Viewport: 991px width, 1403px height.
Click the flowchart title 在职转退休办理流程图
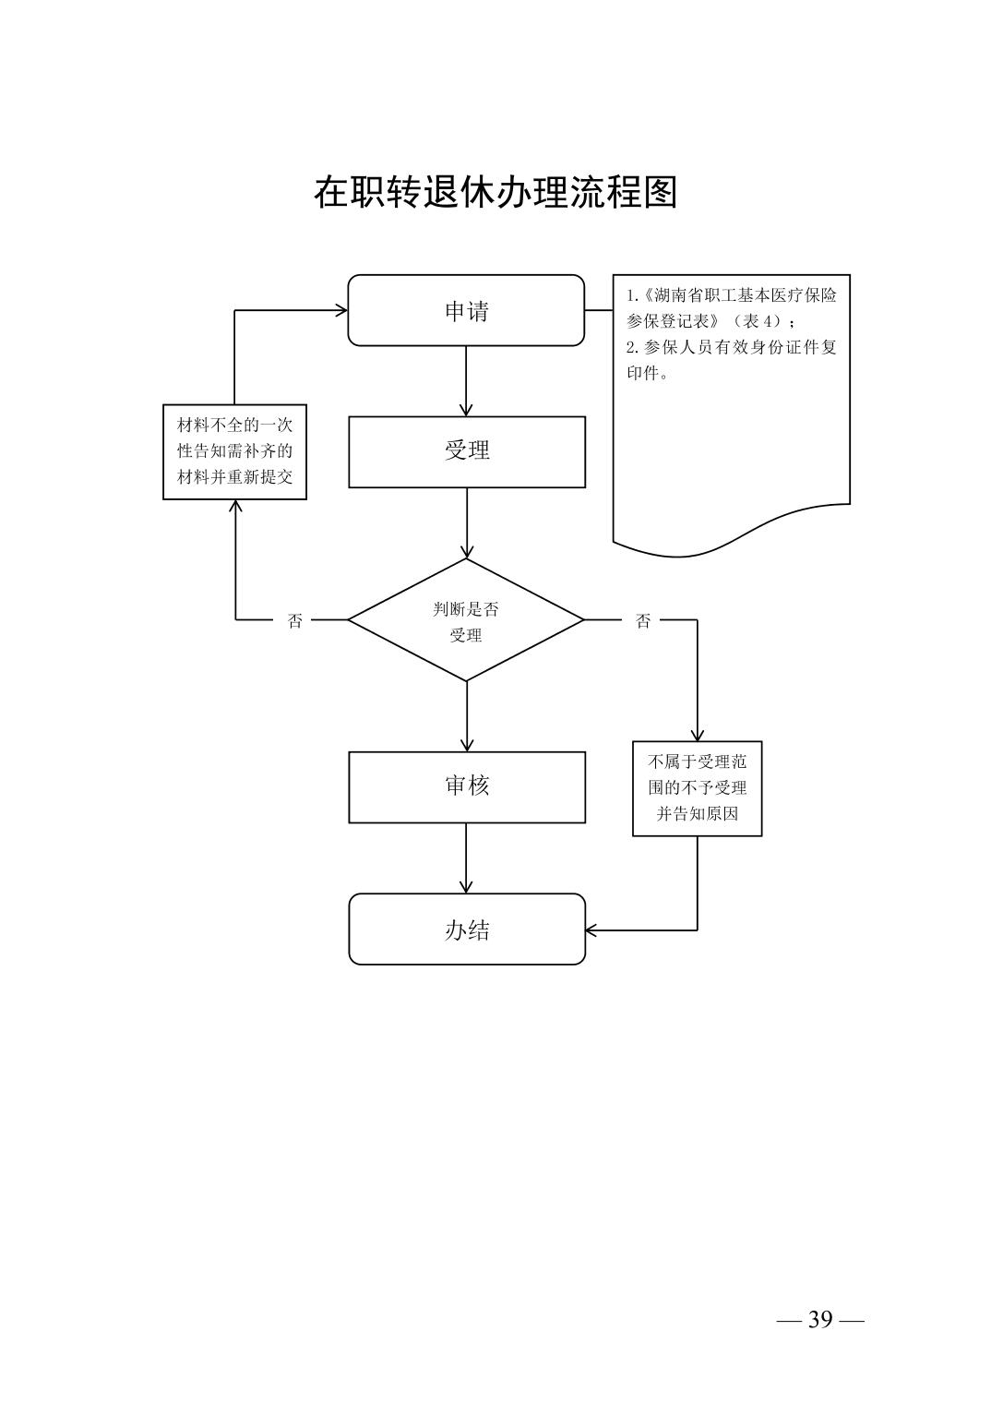pos(496,192)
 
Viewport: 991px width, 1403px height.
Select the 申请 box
pos(466,311)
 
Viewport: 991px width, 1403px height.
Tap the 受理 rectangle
pos(466,451)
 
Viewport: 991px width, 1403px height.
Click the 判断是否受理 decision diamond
pos(466,620)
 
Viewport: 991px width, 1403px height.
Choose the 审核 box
pos(466,786)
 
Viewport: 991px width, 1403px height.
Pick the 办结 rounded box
pos(466,929)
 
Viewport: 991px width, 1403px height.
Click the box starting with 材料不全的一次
pos(234,451)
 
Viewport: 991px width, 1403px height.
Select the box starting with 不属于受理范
pos(697,788)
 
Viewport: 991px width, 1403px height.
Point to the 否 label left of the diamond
pos(295,621)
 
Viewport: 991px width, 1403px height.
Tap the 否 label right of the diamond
pos(643,621)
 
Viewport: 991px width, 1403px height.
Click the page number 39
pos(819,1320)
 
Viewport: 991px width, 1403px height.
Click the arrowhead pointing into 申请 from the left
pos(341,310)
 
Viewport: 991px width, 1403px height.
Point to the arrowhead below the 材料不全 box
pos(234,506)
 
